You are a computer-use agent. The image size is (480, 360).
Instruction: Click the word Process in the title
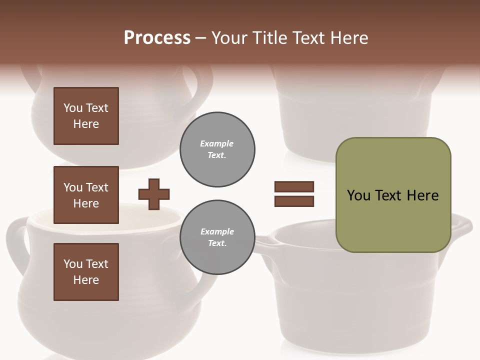[157, 38]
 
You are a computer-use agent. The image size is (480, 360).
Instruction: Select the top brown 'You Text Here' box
[86, 116]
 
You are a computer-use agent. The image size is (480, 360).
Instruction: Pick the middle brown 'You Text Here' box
[86, 195]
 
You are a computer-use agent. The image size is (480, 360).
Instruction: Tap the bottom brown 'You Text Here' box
[86, 271]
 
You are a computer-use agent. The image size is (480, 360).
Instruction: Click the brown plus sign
[154, 194]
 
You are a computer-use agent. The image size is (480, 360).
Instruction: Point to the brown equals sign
[294, 194]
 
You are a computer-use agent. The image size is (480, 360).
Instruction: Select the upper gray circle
[217, 149]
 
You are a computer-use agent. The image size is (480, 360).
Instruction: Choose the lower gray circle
[217, 237]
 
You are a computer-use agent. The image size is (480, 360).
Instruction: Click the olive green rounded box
[393, 195]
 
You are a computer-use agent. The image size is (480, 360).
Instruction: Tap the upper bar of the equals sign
[294, 187]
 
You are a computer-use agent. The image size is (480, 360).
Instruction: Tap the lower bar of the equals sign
[294, 201]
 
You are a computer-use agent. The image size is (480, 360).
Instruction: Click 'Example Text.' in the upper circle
[217, 149]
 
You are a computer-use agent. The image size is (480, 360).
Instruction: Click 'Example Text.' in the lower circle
[217, 237]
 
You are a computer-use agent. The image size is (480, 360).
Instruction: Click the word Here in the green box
[422, 195]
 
